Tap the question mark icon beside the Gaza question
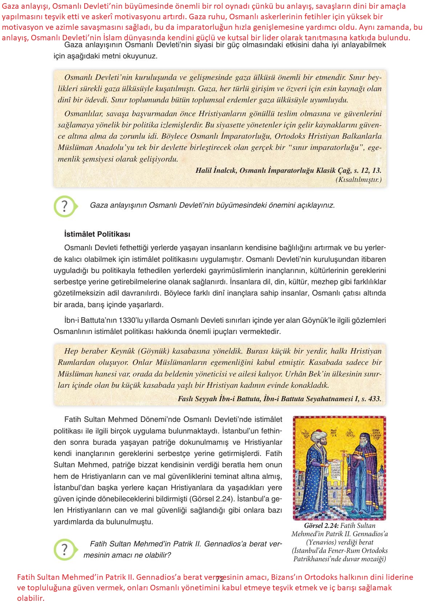tap(65, 206)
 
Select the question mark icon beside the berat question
tap(65, 550)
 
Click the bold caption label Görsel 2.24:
tap(321, 526)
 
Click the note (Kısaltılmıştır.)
tap(359, 180)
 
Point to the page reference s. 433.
tap(371, 399)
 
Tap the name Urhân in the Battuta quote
tap(296, 374)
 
